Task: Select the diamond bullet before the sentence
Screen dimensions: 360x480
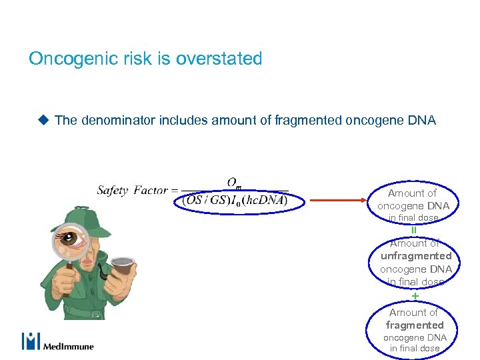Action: click(x=43, y=120)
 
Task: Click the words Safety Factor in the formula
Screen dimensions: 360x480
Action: click(x=132, y=191)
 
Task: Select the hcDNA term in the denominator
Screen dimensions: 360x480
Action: click(x=265, y=200)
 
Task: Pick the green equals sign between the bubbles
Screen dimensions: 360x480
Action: click(x=414, y=231)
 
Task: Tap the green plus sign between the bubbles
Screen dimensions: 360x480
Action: click(x=415, y=295)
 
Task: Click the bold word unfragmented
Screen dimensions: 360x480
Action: click(x=416, y=256)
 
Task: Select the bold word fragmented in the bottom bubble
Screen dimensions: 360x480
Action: click(x=415, y=325)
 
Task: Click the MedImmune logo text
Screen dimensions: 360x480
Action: click(x=69, y=346)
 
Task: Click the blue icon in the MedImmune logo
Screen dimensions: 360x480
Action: click(x=31, y=341)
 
